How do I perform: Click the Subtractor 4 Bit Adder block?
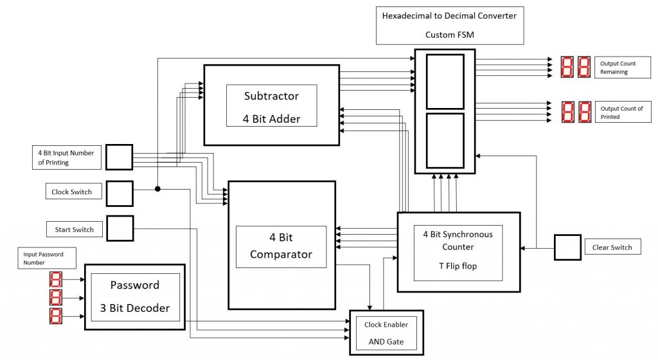[271, 105]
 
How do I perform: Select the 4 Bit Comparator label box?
[281, 246]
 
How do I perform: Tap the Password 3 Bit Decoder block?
[135, 296]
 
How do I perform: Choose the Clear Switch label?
[612, 247]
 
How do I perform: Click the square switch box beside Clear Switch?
[567, 247]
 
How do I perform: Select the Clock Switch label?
[72, 192]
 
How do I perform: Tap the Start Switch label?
[74, 230]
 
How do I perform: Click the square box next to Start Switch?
[120, 229]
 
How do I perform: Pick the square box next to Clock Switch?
[120, 194]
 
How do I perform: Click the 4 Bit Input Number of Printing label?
[66, 157]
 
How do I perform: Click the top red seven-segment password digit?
[56, 280]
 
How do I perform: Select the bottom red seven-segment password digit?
[56, 316]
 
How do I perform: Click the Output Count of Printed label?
[621, 113]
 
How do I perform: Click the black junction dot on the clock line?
[157, 189]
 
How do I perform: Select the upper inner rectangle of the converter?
[445, 82]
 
